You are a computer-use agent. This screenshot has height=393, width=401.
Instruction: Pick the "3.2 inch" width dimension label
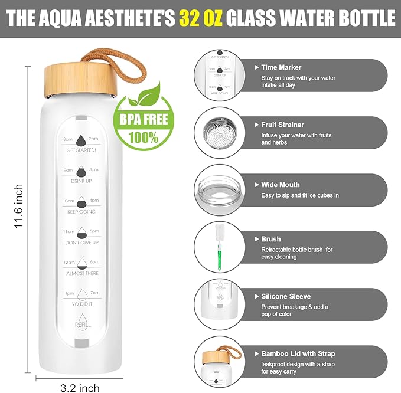point(80,388)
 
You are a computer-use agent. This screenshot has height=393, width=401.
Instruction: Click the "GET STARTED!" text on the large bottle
point(81,150)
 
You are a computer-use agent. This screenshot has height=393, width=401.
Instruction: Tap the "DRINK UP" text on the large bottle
point(81,181)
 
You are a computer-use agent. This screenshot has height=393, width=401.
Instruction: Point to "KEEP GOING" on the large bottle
point(81,211)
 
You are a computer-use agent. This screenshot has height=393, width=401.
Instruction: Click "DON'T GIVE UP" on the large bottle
point(81,243)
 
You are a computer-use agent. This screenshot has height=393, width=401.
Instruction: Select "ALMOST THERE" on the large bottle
point(81,273)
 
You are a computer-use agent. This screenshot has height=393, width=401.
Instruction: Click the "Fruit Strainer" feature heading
point(282,125)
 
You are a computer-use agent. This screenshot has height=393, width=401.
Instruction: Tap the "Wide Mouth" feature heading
point(280,185)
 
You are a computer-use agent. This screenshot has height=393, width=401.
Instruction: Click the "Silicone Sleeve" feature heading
point(285,296)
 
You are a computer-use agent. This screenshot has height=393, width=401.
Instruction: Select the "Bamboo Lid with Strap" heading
point(298,353)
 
